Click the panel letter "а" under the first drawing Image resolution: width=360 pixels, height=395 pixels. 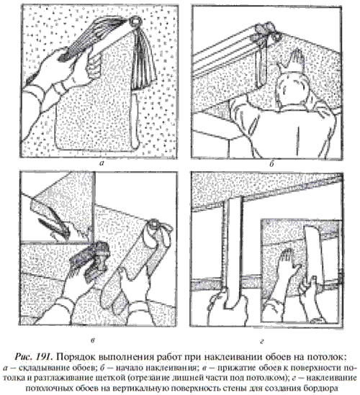point(102,163)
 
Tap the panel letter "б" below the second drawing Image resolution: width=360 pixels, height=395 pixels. point(271,164)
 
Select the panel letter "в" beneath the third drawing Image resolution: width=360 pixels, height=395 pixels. point(93,340)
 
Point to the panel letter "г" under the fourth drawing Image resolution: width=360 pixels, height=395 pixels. point(262,341)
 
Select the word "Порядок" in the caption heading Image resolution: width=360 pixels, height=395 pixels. point(74,358)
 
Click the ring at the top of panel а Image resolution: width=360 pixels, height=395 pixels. point(135,22)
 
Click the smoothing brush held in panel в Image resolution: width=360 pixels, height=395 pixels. point(90,260)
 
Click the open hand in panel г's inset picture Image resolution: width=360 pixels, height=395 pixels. point(289,263)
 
